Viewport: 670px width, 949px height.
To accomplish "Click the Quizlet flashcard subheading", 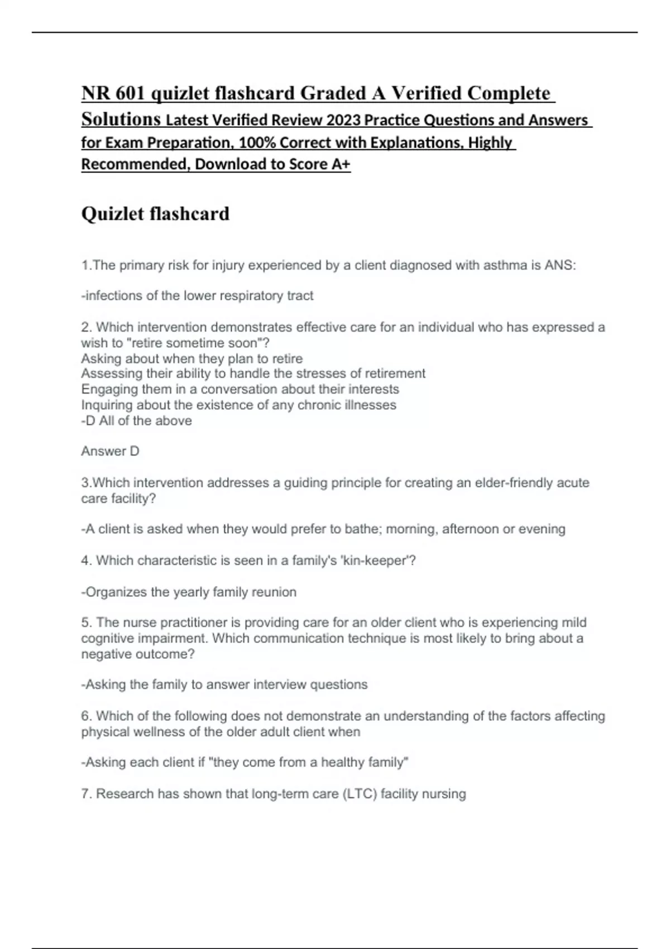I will pos(155,214).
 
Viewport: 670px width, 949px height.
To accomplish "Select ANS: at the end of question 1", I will pos(560,265).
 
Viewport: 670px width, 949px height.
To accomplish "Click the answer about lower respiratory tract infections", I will pos(197,296).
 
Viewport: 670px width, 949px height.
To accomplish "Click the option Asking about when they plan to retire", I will pos(192,358).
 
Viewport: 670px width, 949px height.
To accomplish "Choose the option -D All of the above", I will pos(136,421).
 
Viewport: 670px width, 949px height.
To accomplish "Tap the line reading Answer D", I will pos(110,451).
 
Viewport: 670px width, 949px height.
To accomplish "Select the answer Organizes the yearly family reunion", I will pos(189,592).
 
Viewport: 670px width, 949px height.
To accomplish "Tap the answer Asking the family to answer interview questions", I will pos(224,685).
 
